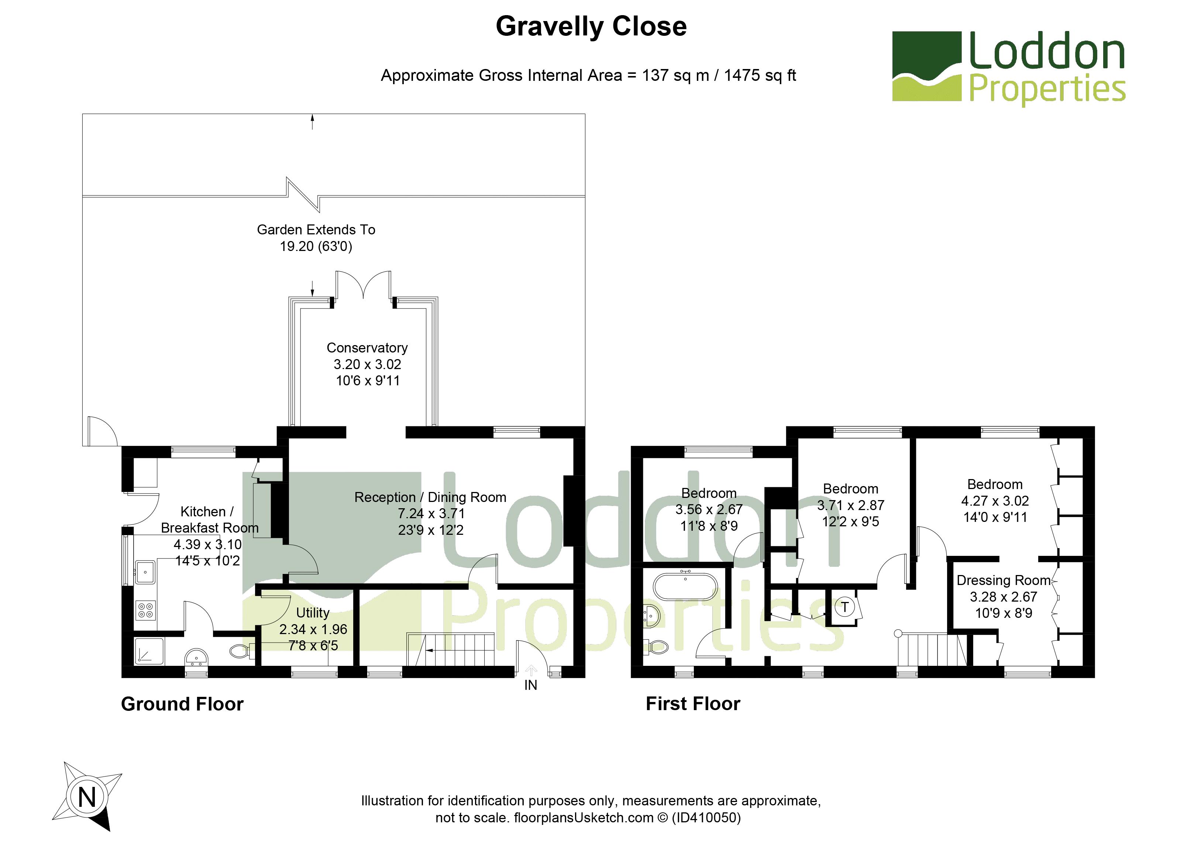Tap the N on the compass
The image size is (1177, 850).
tap(87, 796)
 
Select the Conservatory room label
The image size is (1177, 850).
tap(367, 348)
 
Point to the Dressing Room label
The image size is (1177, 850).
tap(1003, 580)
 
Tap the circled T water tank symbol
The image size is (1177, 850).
tap(845, 606)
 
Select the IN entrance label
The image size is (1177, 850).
tap(530, 685)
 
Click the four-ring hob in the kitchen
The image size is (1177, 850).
tap(146, 610)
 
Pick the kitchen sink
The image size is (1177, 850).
tap(145, 572)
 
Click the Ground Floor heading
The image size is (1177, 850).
tap(182, 704)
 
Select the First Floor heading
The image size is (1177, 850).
tap(693, 704)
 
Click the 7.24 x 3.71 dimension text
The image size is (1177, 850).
tap(431, 514)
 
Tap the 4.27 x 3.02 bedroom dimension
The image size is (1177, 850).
tap(995, 501)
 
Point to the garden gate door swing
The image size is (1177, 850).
tap(101, 431)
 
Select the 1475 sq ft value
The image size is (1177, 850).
tap(760, 76)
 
